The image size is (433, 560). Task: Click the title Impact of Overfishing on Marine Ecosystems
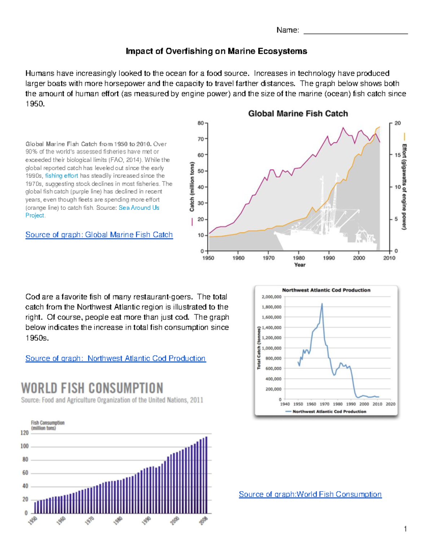click(x=216, y=51)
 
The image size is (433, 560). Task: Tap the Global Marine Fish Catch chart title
click(x=298, y=114)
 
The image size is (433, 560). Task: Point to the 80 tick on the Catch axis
click(x=201, y=123)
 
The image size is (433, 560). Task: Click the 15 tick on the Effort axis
click(x=398, y=155)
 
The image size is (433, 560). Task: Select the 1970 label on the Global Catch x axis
click(x=268, y=258)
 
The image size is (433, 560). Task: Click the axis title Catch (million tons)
click(x=192, y=186)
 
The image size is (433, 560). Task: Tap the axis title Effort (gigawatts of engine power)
click(x=404, y=186)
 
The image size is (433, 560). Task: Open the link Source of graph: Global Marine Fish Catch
click(x=99, y=235)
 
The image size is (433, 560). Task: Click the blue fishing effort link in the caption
click(x=61, y=176)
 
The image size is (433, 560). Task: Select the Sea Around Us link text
click(x=139, y=208)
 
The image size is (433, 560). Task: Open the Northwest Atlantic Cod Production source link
click(x=115, y=358)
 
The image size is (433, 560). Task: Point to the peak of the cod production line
click(x=322, y=304)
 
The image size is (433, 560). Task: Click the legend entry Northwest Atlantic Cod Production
click(x=329, y=411)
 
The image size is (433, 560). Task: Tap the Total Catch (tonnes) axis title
click(x=259, y=348)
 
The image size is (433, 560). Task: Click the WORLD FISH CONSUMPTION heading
click(x=92, y=388)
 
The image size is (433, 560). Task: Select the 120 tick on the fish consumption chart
click(x=24, y=433)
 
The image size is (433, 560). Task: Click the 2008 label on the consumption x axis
click(x=204, y=521)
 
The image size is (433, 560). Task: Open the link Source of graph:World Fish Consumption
click(x=310, y=494)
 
